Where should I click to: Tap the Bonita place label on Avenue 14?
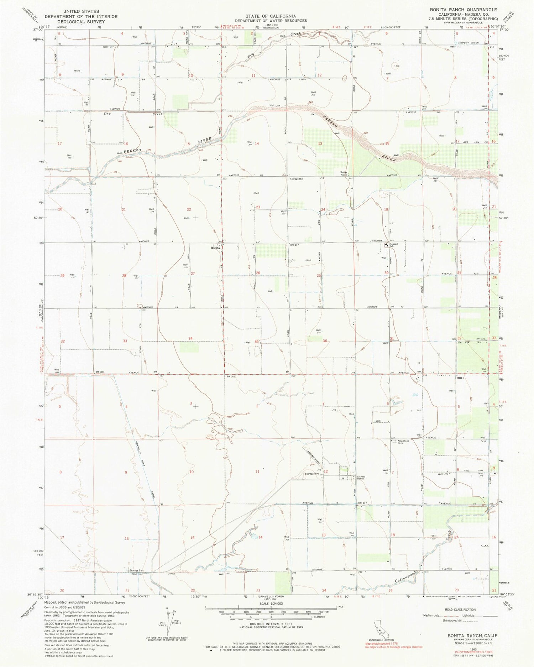pyautogui.click(x=215, y=248)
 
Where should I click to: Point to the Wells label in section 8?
pyautogui.click(x=77, y=71)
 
